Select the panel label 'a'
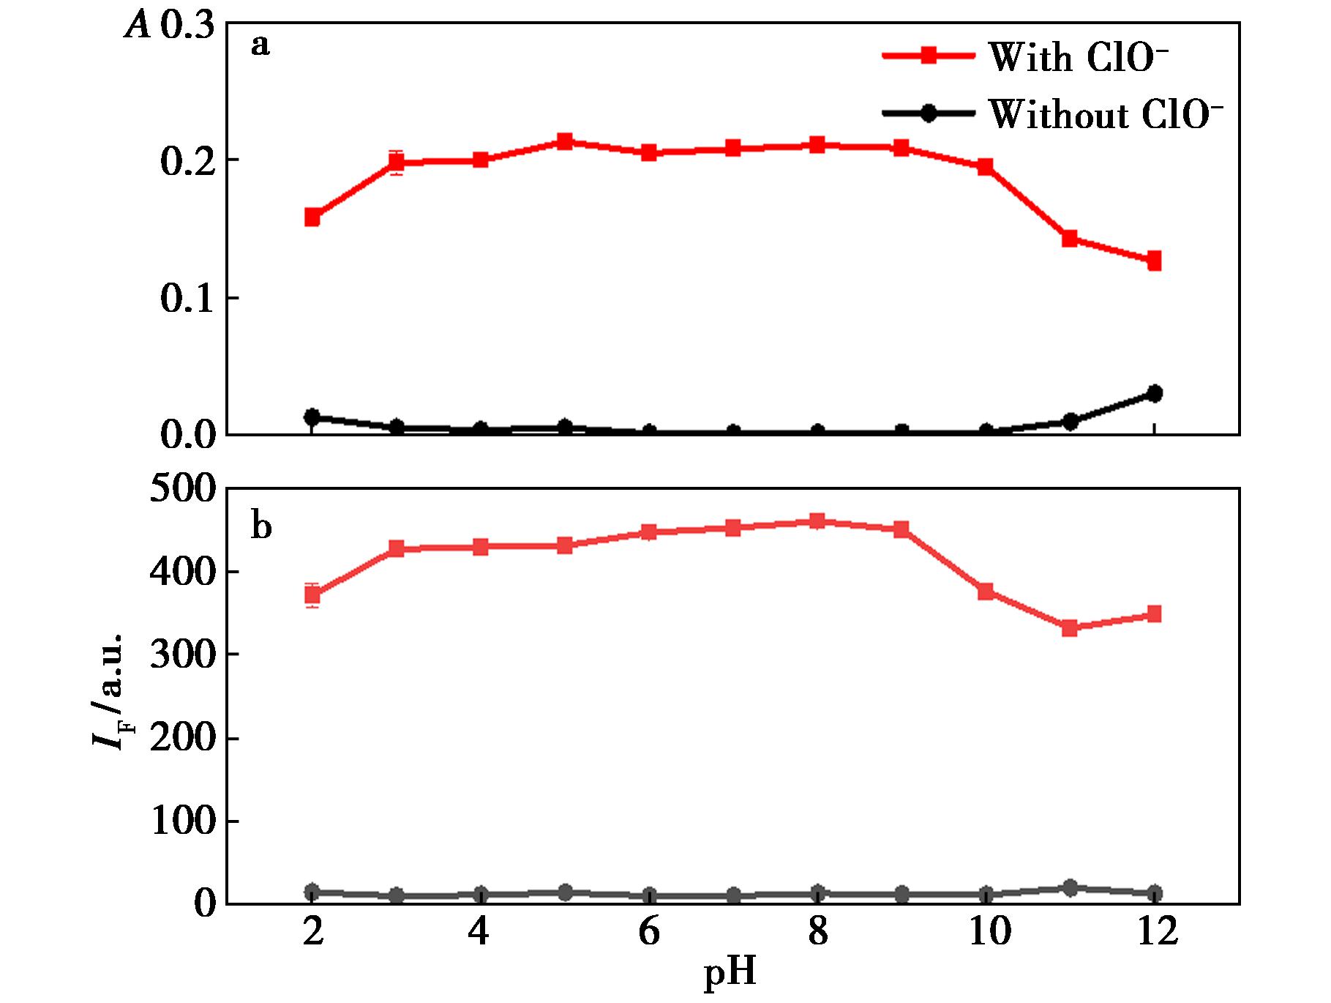[260, 45]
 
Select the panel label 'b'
[261, 526]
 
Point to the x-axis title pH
[730, 973]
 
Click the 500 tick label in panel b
[183, 489]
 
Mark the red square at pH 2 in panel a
[312, 217]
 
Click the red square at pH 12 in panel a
[1154, 261]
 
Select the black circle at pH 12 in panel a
[1154, 394]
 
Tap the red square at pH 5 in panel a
[564, 142]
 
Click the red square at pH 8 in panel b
[817, 521]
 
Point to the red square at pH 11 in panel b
[1070, 627]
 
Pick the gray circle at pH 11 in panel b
[1070, 887]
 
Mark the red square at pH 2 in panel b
[312, 594]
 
